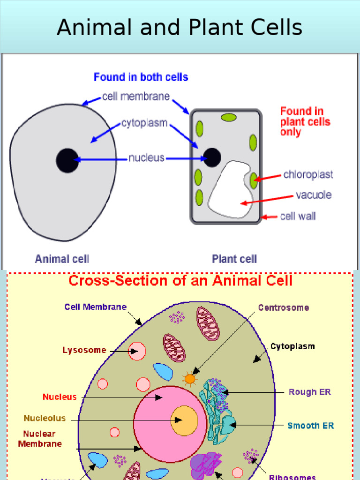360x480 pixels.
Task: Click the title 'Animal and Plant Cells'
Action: (180, 27)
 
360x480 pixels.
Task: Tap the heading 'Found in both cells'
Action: (141, 77)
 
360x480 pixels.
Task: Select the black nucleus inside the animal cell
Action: (67, 160)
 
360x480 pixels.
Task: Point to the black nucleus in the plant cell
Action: (212, 157)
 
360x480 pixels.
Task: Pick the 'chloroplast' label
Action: (308, 175)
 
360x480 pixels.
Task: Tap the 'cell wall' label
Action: (298, 217)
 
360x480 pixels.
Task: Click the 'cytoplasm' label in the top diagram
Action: (144, 123)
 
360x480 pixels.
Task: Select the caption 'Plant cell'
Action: (234, 259)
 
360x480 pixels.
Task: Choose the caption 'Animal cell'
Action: (62, 259)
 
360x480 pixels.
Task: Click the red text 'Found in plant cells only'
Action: (305, 121)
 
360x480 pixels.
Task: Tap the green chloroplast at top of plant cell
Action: (229, 118)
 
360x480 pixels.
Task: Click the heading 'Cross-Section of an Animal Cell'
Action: (180, 281)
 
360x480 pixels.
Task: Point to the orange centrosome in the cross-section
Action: (189, 378)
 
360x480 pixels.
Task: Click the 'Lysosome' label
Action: (84, 350)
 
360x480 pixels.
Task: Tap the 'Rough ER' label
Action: (309, 392)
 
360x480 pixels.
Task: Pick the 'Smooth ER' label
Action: (310, 426)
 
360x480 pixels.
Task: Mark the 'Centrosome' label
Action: (284, 308)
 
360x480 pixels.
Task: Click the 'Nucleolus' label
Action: (45, 418)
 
